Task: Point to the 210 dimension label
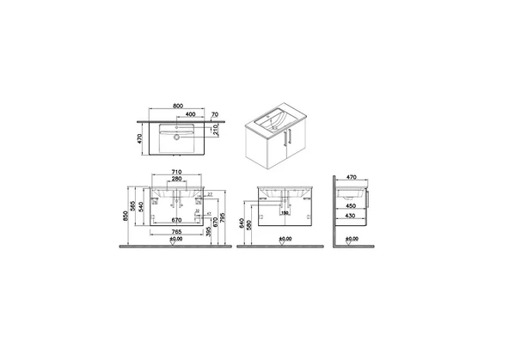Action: pos(214,131)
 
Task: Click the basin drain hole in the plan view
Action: pos(177,136)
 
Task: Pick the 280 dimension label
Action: pos(177,181)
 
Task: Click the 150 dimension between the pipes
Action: pos(284,213)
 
